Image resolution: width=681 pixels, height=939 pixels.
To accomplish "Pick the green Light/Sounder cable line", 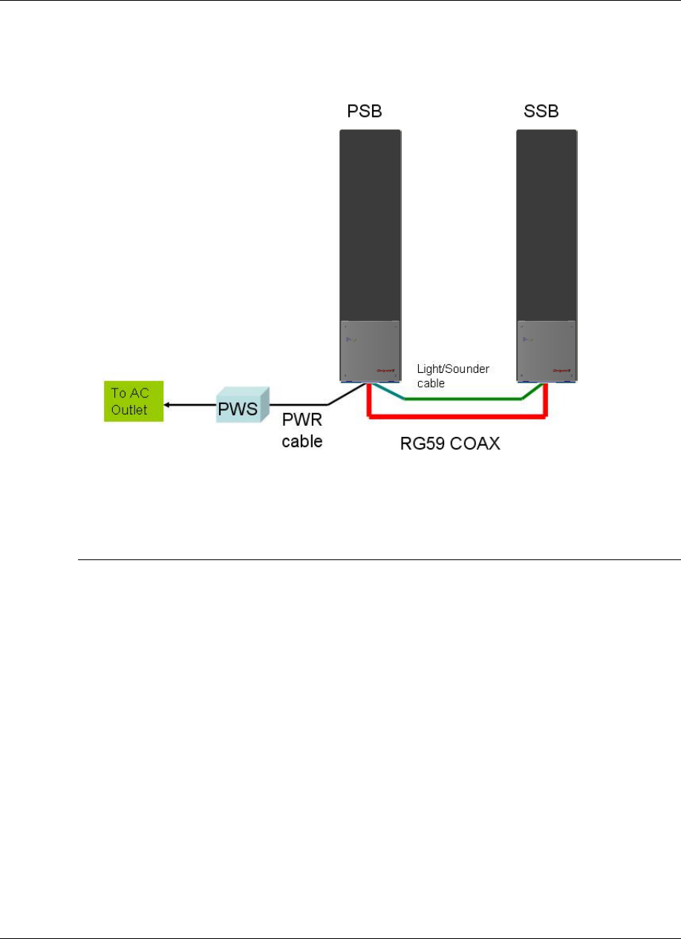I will [x=460, y=399].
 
